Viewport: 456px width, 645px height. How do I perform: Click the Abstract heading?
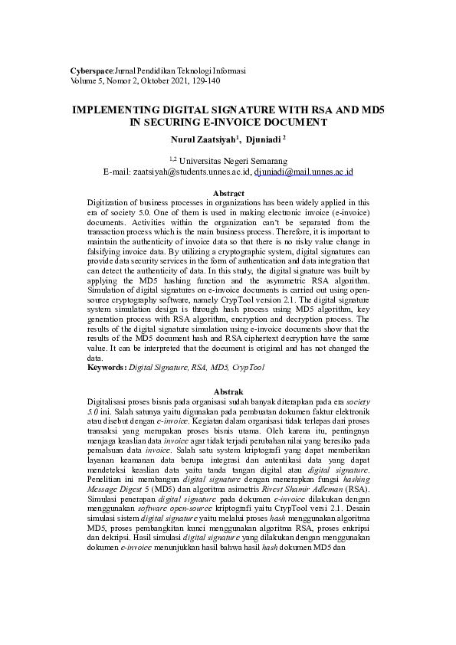point(228,193)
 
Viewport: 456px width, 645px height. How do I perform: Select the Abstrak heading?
point(228,392)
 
